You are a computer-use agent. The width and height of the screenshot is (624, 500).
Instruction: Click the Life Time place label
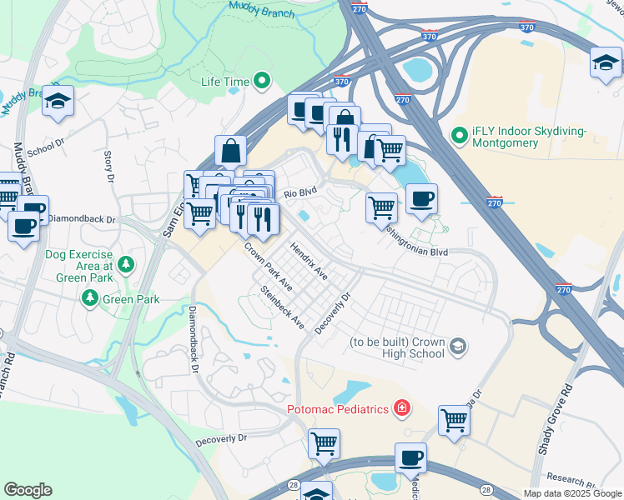point(224,82)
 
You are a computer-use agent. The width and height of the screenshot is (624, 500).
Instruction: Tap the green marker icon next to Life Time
point(262,82)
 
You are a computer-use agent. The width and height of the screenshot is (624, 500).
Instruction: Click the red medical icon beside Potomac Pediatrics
point(402,408)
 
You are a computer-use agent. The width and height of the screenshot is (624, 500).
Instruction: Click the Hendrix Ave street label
point(309,261)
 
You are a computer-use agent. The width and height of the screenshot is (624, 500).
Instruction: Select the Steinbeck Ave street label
point(282,306)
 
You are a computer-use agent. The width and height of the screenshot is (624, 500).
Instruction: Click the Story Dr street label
point(108,166)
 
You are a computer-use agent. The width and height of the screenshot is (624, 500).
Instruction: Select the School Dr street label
point(45,148)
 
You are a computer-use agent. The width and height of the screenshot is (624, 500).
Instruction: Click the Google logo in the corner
point(28,489)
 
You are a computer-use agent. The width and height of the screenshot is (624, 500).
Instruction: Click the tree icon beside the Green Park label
point(89,297)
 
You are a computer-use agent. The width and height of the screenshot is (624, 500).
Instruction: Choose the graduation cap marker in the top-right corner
point(606,62)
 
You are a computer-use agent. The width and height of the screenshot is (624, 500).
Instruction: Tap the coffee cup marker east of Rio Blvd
point(421,198)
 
